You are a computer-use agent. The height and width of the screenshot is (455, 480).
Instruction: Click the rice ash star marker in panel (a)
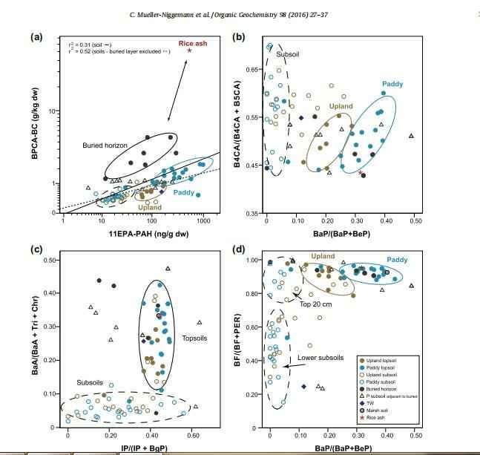pyautogui.click(x=189, y=50)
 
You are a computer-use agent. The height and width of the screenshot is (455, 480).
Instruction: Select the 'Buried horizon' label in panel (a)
pyautogui.click(x=105, y=145)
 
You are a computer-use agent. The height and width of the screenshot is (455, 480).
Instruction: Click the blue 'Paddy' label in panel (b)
pyautogui.click(x=392, y=84)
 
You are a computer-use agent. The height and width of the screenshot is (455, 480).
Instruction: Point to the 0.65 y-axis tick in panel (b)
pyautogui.click(x=253, y=69)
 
